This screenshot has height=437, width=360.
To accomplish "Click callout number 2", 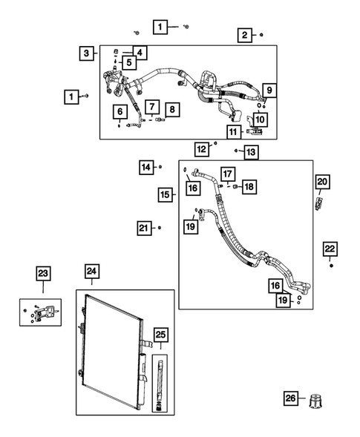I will click(243, 34).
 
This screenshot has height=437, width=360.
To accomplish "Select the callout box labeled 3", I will click(88, 53).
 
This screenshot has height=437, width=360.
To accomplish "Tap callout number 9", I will click(269, 91).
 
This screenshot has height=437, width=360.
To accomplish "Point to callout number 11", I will click(234, 132).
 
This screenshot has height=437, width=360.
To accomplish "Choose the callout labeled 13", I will click(251, 152).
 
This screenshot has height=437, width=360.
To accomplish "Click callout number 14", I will click(145, 167).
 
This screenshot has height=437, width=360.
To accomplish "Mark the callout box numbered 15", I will click(166, 194).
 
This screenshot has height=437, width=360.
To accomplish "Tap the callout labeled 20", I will click(321, 182).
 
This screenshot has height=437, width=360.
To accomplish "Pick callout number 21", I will click(144, 227).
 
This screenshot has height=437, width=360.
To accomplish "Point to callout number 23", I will click(43, 274).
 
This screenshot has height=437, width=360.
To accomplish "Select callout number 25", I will click(160, 335).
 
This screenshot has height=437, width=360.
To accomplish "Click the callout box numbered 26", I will click(291, 400).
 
